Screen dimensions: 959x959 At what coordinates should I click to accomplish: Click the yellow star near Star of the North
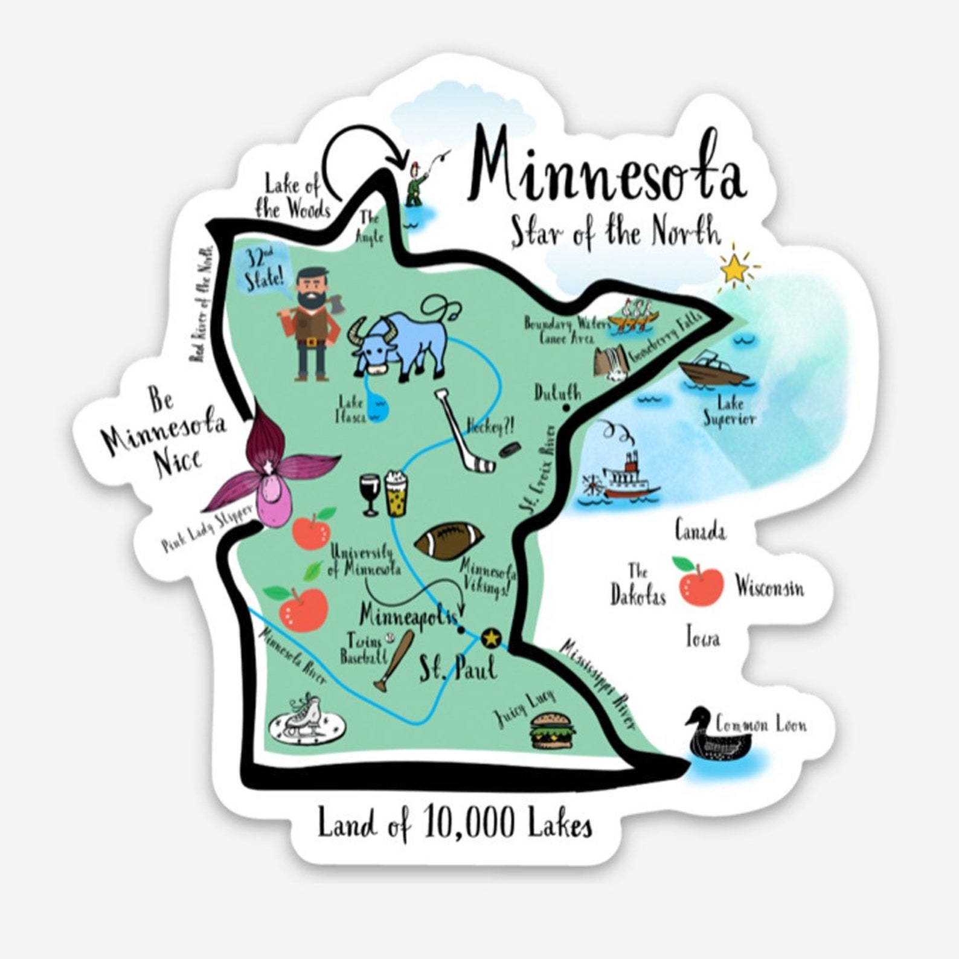point(735,269)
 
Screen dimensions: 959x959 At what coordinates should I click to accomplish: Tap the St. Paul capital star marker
point(491,638)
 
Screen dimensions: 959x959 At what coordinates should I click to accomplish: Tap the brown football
point(449,542)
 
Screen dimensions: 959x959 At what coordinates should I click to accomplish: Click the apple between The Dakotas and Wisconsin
point(701,583)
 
